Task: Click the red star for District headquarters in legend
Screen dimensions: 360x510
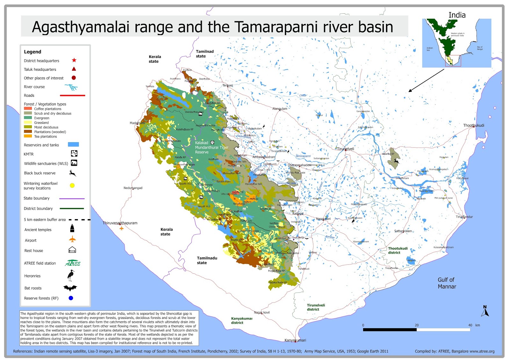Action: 74,60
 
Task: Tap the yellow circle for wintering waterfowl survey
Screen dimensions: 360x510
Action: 72,185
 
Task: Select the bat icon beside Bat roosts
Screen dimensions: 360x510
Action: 70,288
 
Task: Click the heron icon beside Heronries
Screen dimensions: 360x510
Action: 71,275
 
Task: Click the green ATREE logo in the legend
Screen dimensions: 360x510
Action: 73,263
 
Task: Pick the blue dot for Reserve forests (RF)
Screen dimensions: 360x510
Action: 71,298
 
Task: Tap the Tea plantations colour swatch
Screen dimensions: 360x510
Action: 28,136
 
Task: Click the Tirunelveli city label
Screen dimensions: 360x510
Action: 346,149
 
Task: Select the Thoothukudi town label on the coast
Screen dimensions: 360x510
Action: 473,125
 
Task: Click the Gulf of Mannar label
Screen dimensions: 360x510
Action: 447,283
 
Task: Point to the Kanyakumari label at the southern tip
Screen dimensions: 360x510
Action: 295,340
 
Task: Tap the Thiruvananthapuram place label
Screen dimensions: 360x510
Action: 120,223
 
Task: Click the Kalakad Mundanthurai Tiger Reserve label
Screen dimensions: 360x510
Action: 211,148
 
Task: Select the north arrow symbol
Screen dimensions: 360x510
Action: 485,311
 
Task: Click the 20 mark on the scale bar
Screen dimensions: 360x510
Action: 417,325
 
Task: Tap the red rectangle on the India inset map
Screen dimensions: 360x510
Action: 453,61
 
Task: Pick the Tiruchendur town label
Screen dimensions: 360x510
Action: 464,217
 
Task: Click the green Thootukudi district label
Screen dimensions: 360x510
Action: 397,250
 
